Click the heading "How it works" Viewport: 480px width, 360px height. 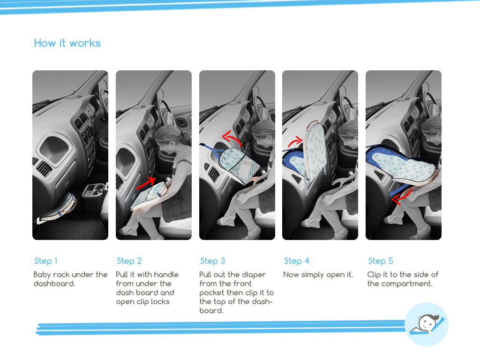coord(67,43)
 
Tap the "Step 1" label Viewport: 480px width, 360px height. coord(45,261)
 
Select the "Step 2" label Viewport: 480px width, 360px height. coord(129,261)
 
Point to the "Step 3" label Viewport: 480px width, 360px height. coord(212,261)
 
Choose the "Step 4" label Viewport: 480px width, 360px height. coord(297,261)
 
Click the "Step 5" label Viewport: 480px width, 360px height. coord(380,261)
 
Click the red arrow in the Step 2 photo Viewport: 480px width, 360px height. coord(146,183)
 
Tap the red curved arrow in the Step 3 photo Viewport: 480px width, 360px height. coord(232,138)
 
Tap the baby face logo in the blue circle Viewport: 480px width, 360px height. coord(427,324)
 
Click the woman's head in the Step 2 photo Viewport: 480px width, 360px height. coord(168,138)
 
